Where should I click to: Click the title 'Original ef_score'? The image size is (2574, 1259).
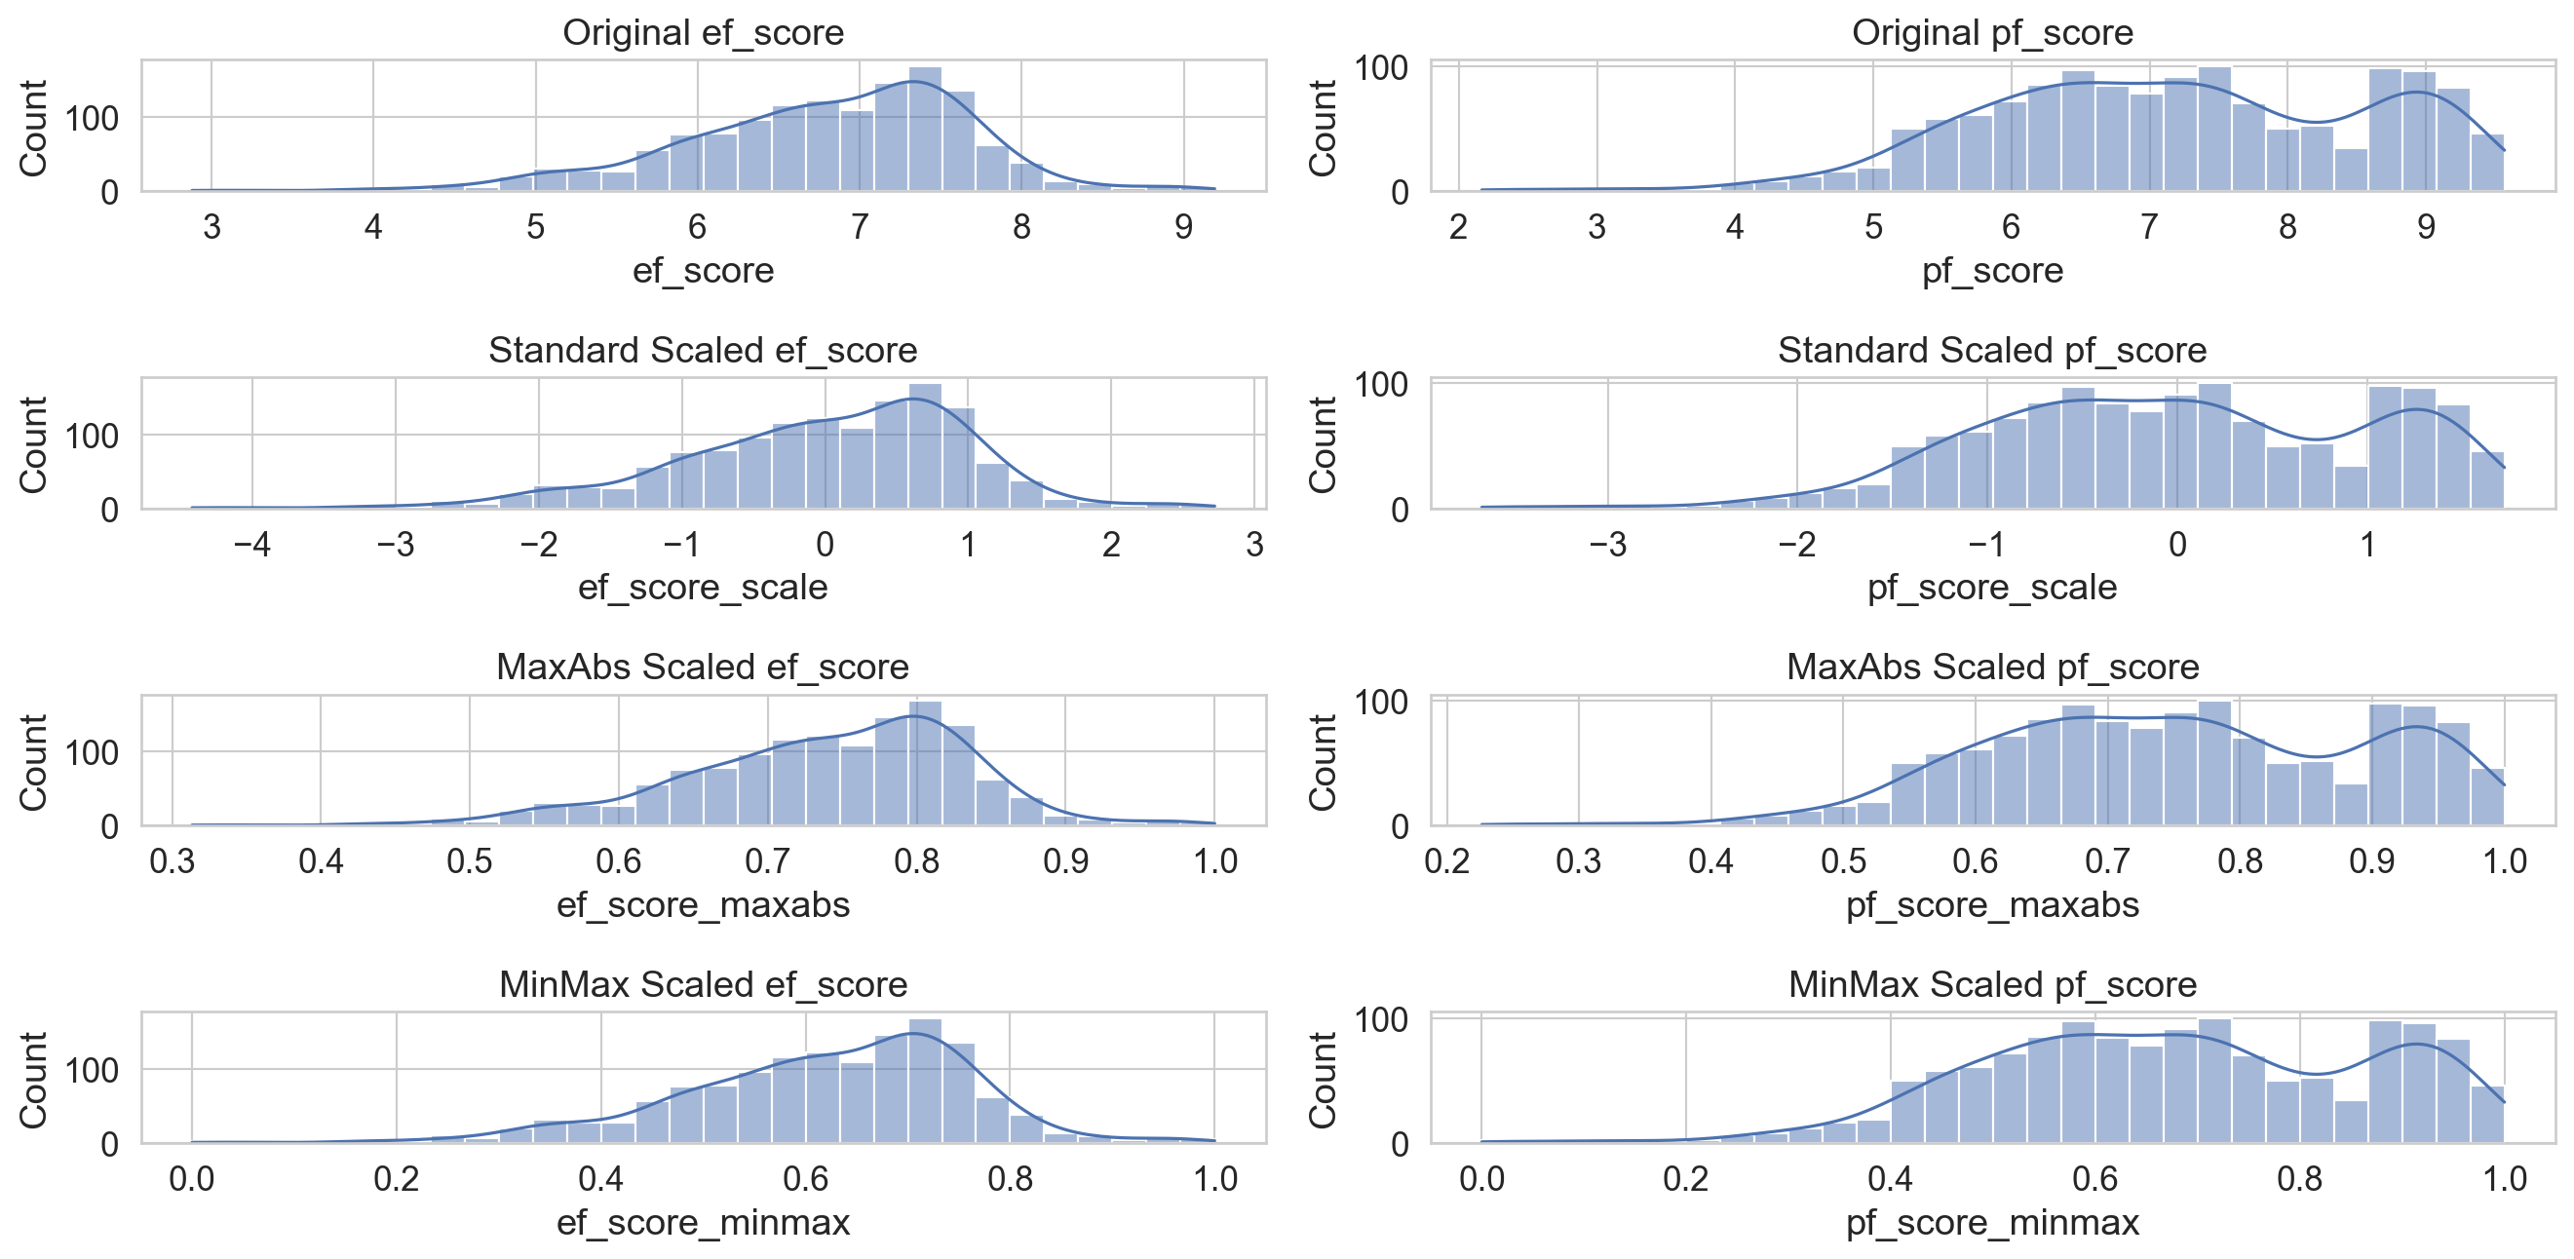point(703,33)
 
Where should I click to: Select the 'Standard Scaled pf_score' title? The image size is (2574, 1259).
point(1991,350)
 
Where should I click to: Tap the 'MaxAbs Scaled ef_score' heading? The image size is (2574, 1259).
point(703,667)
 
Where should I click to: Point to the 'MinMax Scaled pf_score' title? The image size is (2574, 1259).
point(1991,984)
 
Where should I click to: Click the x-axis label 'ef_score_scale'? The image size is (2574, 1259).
point(703,588)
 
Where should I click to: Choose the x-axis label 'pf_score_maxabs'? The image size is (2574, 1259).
point(1991,905)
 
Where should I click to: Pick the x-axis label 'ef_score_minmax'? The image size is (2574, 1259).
point(703,1222)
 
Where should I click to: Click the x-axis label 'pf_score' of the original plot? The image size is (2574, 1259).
point(1991,271)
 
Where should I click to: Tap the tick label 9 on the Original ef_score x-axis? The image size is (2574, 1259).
point(1183,228)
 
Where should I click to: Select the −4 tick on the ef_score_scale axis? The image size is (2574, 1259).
point(250,545)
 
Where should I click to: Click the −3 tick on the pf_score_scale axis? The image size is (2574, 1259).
point(1607,545)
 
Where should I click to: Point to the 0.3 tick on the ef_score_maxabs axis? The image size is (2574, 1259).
point(172,861)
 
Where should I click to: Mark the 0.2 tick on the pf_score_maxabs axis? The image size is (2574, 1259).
point(1446,861)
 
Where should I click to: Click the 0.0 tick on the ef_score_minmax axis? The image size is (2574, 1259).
point(191,1179)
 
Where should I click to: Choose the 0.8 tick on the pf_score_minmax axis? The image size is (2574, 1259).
point(2299,1179)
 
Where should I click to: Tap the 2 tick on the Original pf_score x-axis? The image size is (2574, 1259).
point(1458,228)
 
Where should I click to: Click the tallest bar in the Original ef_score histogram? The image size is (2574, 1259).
point(925,130)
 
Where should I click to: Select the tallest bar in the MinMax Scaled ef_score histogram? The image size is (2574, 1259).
point(925,1083)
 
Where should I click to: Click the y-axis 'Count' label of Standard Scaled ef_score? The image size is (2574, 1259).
point(34,444)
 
